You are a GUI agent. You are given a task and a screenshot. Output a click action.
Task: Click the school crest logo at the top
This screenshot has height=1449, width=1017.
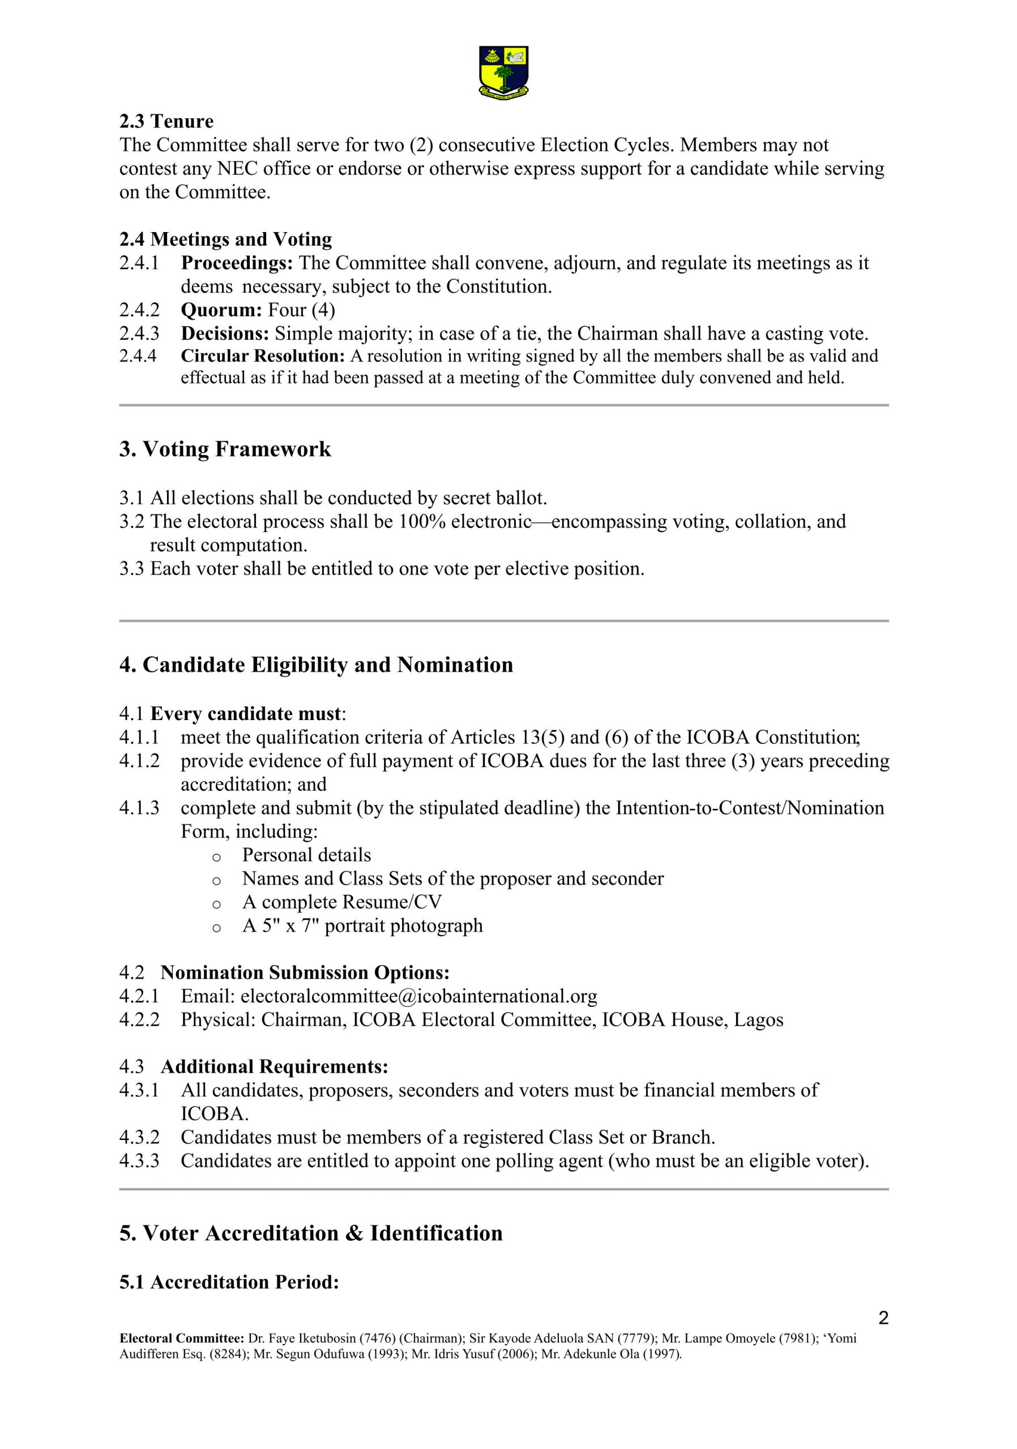(x=503, y=71)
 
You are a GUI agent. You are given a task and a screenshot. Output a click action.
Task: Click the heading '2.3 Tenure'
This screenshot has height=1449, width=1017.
(x=166, y=121)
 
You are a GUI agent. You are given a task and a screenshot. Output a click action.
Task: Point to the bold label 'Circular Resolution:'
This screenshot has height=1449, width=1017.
(x=263, y=356)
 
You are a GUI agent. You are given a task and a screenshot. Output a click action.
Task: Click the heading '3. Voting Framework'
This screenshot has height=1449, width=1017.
(x=225, y=449)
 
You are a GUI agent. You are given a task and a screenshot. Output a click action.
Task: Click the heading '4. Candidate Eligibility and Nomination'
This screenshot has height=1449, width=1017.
(x=315, y=665)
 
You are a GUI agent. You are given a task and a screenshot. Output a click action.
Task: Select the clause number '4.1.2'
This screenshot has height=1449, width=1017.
(x=139, y=761)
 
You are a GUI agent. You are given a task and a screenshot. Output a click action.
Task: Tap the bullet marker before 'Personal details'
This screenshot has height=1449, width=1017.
(x=216, y=857)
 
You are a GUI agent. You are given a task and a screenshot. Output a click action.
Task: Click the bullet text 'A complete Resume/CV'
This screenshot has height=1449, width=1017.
(x=341, y=902)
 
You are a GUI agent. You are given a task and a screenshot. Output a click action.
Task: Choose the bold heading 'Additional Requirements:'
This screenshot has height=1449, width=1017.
(x=274, y=1066)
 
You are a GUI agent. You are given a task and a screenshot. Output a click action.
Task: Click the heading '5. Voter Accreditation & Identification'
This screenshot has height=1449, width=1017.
(x=310, y=1233)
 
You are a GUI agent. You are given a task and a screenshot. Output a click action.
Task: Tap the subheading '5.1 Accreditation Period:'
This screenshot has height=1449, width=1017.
(x=229, y=1283)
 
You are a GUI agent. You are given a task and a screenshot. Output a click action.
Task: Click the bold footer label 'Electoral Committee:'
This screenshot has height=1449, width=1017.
(x=182, y=1338)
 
